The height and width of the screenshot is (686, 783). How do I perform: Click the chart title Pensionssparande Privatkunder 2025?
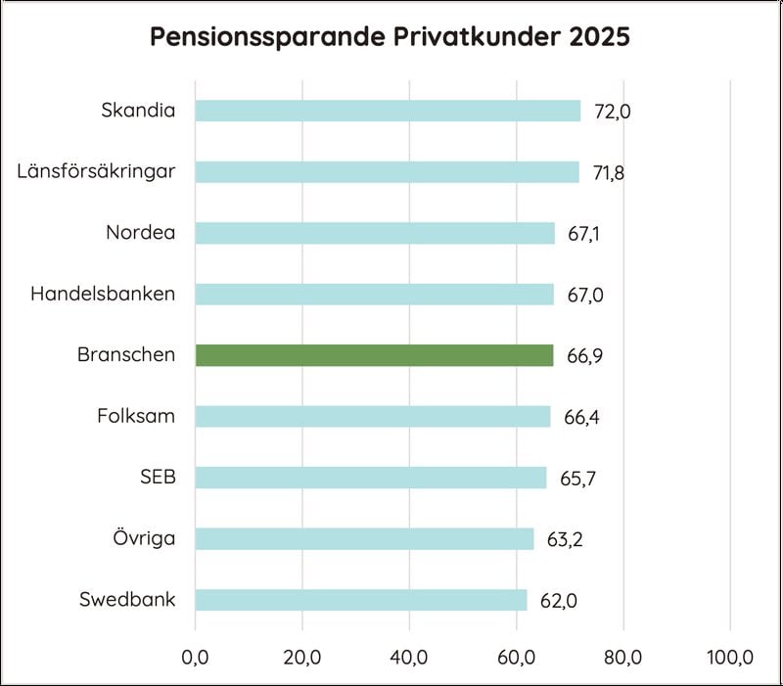pos(390,37)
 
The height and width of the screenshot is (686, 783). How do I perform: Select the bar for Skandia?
pos(388,111)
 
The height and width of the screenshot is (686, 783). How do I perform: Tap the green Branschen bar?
pos(374,355)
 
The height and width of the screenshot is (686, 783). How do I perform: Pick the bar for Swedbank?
pos(361,600)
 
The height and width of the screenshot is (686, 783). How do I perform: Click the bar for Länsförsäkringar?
pos(387,172)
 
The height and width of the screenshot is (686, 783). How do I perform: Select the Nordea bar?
pos(375,233)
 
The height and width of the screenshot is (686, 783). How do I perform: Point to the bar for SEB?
pos(371,478)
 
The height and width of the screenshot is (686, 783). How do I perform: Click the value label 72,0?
pos(613,112)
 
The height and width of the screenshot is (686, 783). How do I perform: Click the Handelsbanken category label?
pos(103,294)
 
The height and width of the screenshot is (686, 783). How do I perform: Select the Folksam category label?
pos(136,416)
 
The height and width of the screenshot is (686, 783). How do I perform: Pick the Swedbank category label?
pos(127,599)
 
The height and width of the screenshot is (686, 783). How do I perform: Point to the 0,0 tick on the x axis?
pos(196,657)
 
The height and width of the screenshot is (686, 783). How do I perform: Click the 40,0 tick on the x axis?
pos(409,657)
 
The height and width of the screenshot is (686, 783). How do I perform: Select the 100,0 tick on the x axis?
pos(730,657)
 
